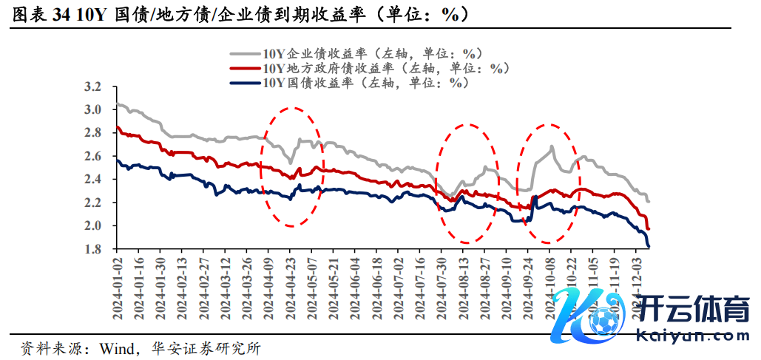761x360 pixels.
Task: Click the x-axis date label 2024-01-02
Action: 117,288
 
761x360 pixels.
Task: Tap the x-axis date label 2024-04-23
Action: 291,288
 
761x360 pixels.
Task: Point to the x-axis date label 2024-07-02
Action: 399,288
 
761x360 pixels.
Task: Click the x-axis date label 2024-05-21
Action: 334,288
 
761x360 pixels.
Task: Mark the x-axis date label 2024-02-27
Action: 204,288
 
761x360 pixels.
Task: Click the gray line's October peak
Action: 552,147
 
